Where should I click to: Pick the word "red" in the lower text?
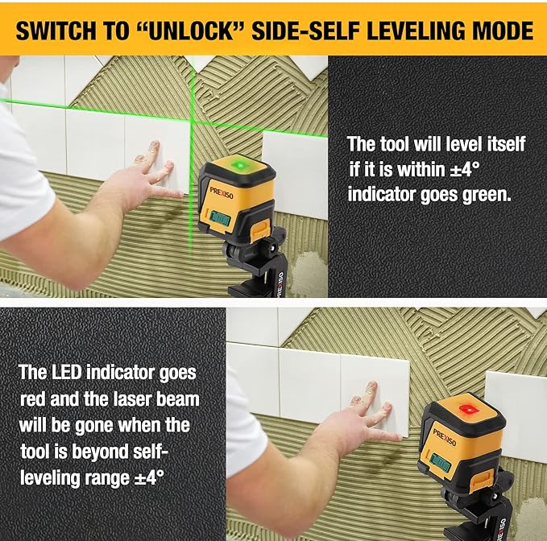[33, 399]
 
